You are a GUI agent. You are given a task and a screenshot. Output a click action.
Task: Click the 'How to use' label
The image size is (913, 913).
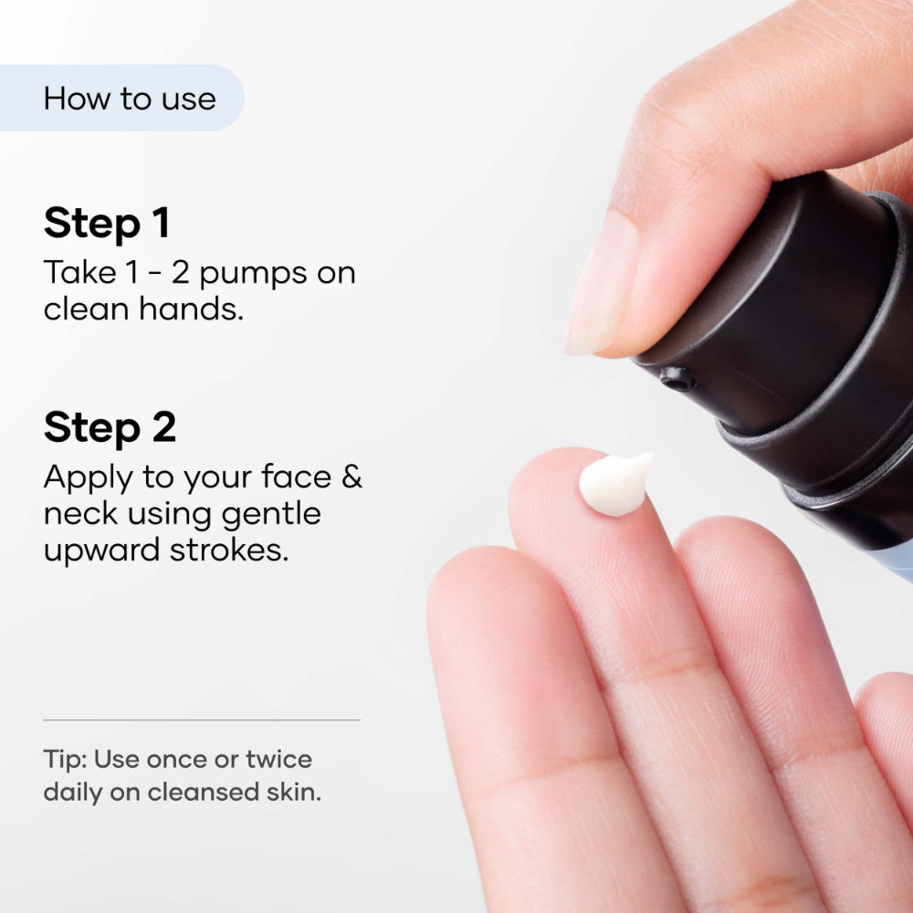pyautogui.click(x=130, y=99)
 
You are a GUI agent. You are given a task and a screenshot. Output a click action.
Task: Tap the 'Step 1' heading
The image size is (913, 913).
pyautogui.click(x=107, y=224)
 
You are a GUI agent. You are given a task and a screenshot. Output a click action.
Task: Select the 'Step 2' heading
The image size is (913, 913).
pyautogui.click(x=110, y=427)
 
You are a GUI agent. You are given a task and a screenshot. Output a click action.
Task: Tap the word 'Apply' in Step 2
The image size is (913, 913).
pyautogui.click(x=80, y=478)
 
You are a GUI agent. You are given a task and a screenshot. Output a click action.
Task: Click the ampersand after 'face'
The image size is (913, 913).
pyautogui.click(x=352, y=477)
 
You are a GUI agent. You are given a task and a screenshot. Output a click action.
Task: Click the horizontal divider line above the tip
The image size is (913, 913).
pyautogui.click(x=201, y=719)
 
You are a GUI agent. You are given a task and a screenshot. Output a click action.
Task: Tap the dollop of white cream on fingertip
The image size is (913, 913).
pyautogui.click(x=614, y=483)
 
